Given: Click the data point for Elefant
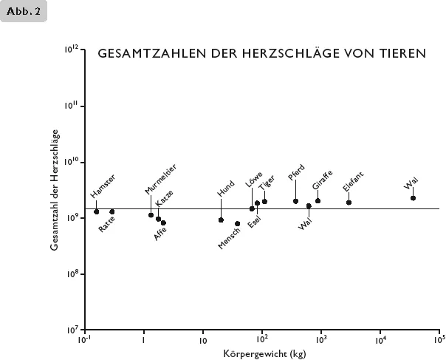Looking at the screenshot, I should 349,203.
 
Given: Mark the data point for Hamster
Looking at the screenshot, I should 97,212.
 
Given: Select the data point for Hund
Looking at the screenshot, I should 221,220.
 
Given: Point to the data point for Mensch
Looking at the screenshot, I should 237,224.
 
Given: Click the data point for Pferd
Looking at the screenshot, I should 295,201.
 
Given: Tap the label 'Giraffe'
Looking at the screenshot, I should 322,180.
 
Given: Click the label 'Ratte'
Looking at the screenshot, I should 107,225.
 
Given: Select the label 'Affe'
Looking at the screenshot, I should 160,234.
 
